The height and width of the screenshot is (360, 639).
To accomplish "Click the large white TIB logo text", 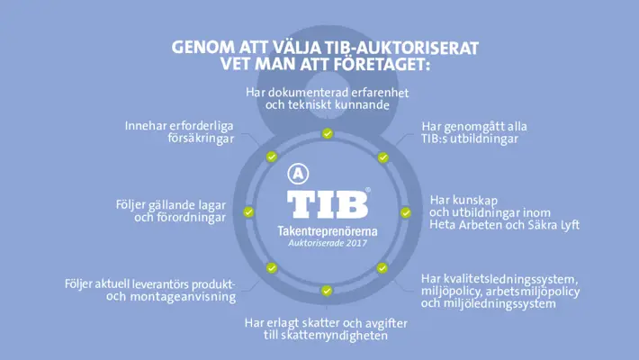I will click(x=327, y=203).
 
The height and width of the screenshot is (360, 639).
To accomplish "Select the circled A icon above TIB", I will click(x=296, y=174).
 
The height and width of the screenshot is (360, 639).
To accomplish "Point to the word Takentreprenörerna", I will click(x=328, y=231).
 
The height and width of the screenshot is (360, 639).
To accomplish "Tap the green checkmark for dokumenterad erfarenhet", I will click(x=327, y=133).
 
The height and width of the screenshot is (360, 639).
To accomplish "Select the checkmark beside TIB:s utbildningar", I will click(x=382, y=157).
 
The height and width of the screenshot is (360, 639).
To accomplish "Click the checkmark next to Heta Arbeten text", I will click(x=405, y=212).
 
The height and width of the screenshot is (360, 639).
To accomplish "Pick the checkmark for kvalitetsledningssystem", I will click(x=382, y=268).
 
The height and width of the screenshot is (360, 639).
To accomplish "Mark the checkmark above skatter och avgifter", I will click(x=327, y=291).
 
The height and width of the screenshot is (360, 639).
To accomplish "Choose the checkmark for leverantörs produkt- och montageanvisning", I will click(x=271, y=268).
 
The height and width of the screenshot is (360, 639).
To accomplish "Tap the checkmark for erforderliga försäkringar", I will click(x=271, y=157).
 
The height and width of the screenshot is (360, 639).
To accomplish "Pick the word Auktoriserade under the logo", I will click(x=314, y=243).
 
